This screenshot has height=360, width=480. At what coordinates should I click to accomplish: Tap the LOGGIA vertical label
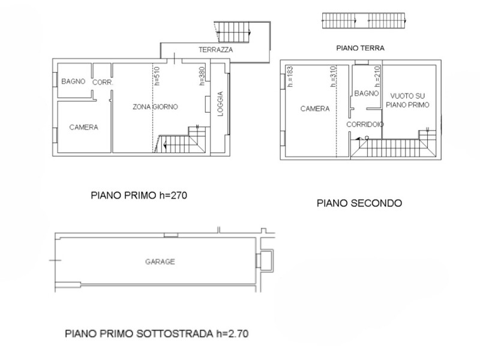click(220, 104)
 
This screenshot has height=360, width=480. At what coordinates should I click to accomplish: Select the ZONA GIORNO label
click(155, 107)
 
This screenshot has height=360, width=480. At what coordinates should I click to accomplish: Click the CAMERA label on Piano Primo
click(83, 127)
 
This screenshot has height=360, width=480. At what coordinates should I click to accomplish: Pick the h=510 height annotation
click(157, 77)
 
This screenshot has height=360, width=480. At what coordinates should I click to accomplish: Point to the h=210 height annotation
click(377, 76)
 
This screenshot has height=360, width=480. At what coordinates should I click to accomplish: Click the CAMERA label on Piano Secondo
click(315, 109)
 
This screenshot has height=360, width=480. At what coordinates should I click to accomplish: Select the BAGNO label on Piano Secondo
click(366, 94)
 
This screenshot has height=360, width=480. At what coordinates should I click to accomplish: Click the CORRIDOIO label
click(365, 124)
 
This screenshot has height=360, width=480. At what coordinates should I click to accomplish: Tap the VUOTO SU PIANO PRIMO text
click(409, 100)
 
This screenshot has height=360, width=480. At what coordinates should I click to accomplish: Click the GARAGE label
click(160, 262)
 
